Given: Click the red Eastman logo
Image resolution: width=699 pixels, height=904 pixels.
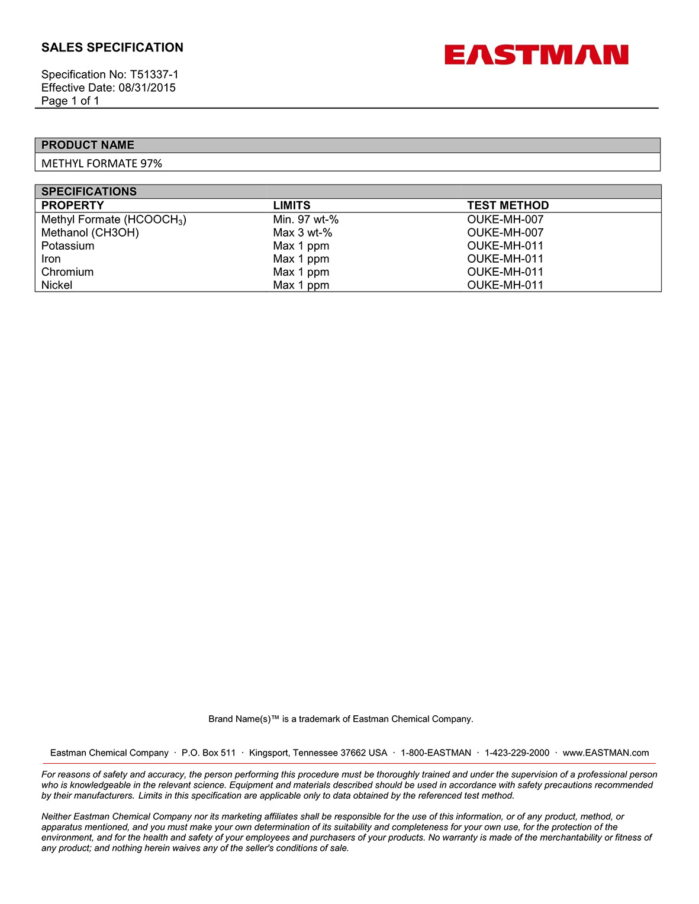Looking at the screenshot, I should click(536, 55).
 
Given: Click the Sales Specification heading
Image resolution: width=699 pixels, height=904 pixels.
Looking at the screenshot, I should click(112, 47).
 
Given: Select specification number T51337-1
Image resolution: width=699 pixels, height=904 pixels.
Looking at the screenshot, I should click(154, 75).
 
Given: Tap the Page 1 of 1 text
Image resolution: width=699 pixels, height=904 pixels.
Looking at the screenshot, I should click(70, 101).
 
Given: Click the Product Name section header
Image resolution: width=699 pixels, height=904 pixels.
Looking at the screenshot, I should click(88, 145).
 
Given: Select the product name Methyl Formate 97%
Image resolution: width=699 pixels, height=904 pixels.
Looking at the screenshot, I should click(102, 163).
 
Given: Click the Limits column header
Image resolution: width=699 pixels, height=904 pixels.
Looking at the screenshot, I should click(292, 205).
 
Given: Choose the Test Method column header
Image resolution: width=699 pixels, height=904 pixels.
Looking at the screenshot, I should click(508, 205).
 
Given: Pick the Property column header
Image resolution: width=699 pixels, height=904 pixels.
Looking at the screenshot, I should click(73, 205).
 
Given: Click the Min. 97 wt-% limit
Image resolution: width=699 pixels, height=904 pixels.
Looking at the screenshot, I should click(306, 219).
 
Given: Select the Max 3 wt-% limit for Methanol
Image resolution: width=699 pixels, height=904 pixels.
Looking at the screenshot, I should click(302, 233).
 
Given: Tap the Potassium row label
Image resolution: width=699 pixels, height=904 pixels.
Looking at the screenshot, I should click(68, 246).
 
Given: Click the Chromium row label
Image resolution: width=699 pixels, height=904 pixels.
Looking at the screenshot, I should click(67, 272).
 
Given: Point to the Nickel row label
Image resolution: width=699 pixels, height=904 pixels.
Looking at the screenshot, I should click(57, 285).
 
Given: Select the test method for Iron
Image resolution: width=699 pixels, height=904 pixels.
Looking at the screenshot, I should click(505, 259).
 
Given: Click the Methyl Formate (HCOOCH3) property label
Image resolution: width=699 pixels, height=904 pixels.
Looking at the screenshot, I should click(114, 219).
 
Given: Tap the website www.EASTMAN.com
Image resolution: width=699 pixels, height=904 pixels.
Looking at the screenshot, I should click(605, 753).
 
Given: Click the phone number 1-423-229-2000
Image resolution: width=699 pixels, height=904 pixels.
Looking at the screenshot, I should click(517, 753).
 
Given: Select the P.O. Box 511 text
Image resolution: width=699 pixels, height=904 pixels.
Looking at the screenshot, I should click(208, 753).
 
